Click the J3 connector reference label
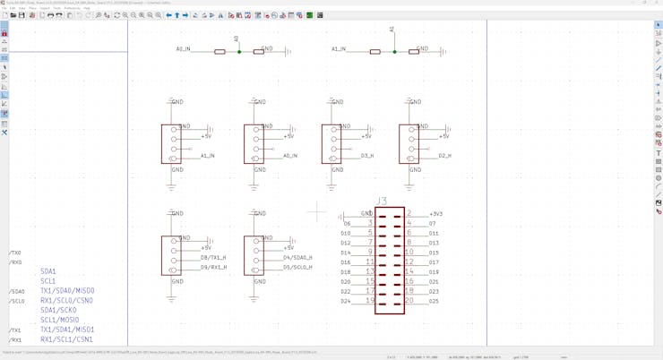(x=382, y=201)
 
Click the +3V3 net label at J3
(x=435, y=214)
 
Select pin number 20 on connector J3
(x=409, y=301)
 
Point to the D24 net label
(x=346, y=301)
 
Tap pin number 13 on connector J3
(x=370, y=271)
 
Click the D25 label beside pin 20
(x=434, y=301)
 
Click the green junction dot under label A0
(x=239, y=52)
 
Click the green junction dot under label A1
(x=394, y=52)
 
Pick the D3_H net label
(x=367, y=156)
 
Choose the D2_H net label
(x=444, y=156)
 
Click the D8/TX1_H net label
(x=213, y=258)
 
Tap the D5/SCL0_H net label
(x=297, y=268)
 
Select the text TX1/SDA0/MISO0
(x=67, y=291)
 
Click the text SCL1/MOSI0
(x=59, y=320)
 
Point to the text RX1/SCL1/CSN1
(x=66, y=339)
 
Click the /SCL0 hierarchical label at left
(x=17, y=301)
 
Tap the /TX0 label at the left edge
(x=15, y=253)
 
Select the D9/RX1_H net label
(x=213, y=268)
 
